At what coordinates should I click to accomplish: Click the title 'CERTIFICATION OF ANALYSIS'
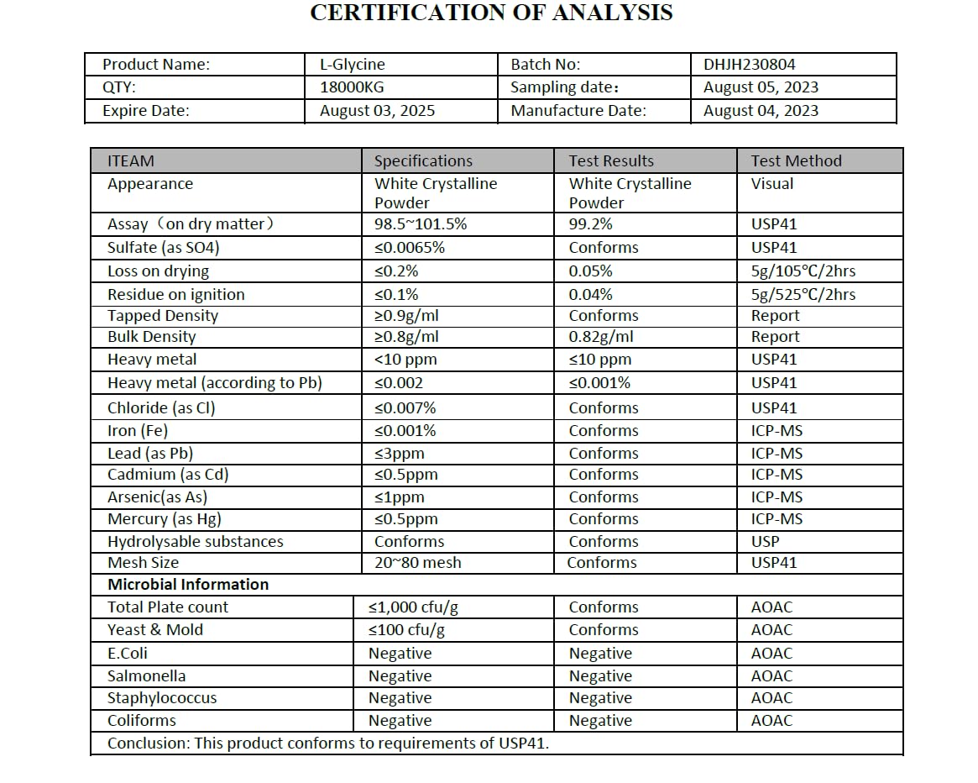[491, 13]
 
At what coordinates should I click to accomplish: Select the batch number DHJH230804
[750, 64]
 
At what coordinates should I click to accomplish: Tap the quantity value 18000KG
[353, 87]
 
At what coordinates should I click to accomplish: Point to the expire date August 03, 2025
[378, 111]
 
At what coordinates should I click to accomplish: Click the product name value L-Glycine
[353, 64]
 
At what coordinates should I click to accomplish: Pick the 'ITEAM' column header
[131, 161]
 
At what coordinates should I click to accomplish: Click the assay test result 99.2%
[591, 224]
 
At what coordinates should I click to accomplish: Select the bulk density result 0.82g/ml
[601, 337]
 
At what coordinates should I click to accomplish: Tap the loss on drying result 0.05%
[591, 271]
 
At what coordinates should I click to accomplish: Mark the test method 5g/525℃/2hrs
[803, 295]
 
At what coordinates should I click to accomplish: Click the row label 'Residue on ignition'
[176, 295]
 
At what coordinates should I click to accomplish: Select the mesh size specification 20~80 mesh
[418, 563]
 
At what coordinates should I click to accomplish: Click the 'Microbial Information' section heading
[188, 585]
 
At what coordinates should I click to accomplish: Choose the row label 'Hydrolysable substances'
[196, 542]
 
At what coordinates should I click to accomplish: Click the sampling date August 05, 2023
[761, 87]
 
